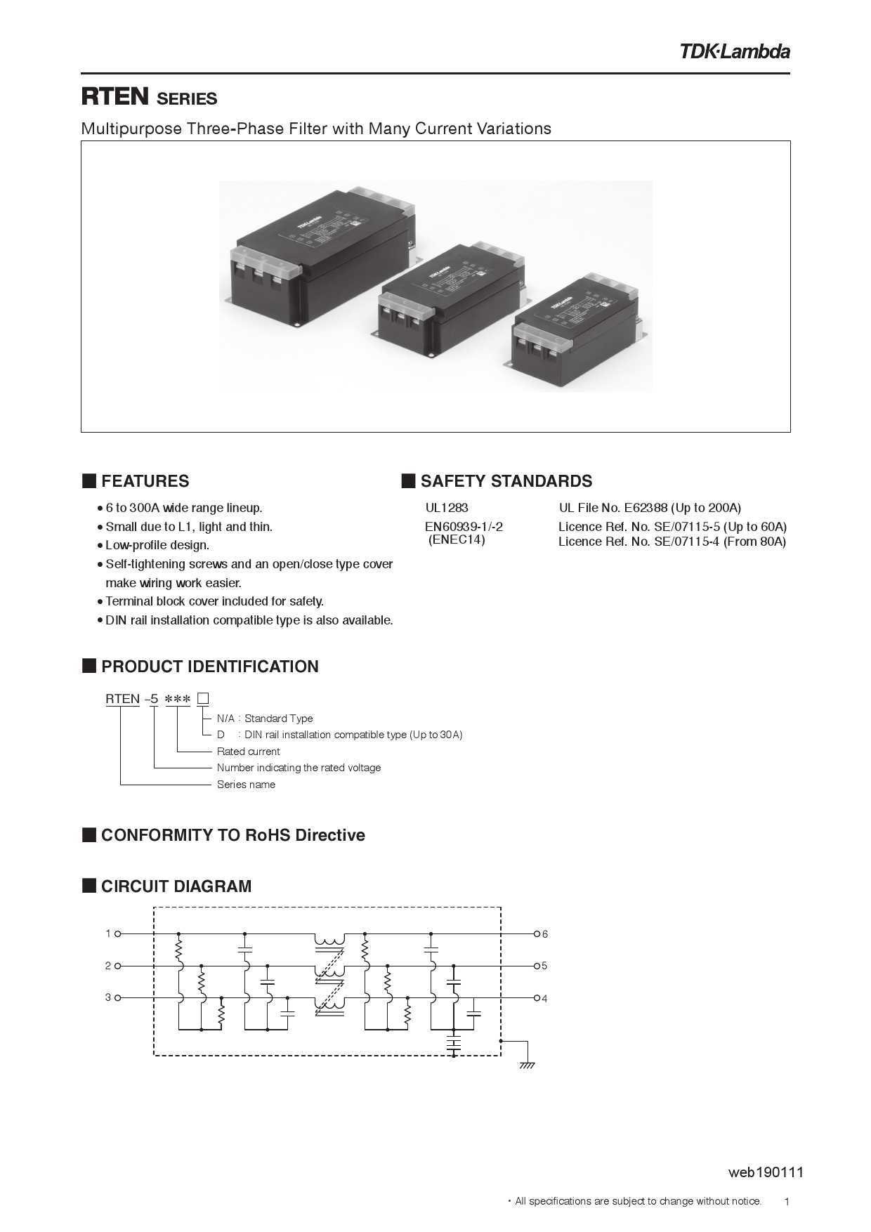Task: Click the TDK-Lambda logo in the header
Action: [734, 51]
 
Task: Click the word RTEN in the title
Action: [115, 97]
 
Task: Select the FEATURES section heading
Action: [145, 481]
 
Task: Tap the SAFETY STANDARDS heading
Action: [506, 481]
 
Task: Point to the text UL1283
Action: [447, 508]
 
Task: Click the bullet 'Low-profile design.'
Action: [157, 545]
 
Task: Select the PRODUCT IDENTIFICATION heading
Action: [209, 667]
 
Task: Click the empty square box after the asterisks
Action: [203, 698]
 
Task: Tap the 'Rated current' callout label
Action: [248, 752]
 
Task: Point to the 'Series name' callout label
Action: [246, 785]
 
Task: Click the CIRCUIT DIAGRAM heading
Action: [176, 886]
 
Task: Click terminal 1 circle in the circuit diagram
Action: [118, 933]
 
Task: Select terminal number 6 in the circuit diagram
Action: [545, 934]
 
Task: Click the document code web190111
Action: [766, 1172]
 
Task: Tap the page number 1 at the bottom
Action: [787, 1202]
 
